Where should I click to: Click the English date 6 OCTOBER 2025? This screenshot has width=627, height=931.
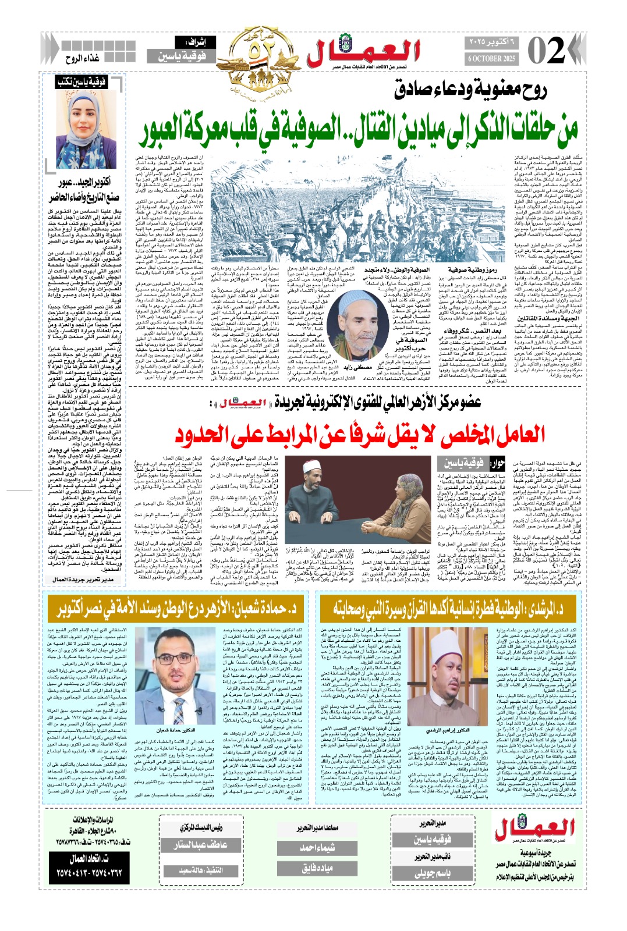tap(492, 59)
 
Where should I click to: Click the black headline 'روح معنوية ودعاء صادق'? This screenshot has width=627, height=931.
tap(470, 90)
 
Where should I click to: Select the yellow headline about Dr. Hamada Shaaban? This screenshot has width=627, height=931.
tap(177, 608)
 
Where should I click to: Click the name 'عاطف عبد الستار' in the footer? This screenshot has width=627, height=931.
tap(201, 844)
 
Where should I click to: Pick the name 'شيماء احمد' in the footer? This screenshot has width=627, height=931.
tap(317, 848)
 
